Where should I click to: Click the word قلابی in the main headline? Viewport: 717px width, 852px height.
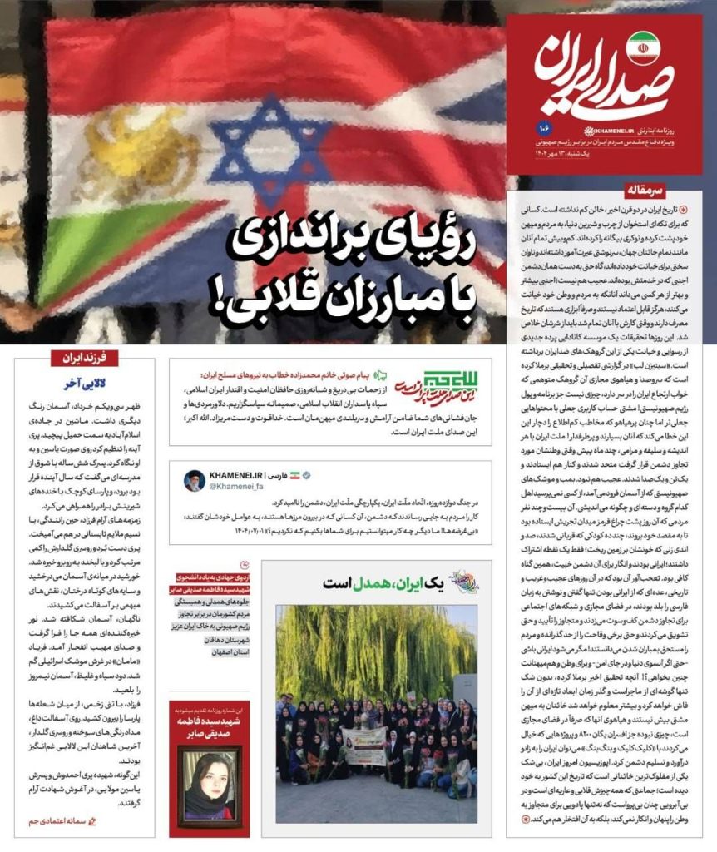[x=258, y=295]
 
